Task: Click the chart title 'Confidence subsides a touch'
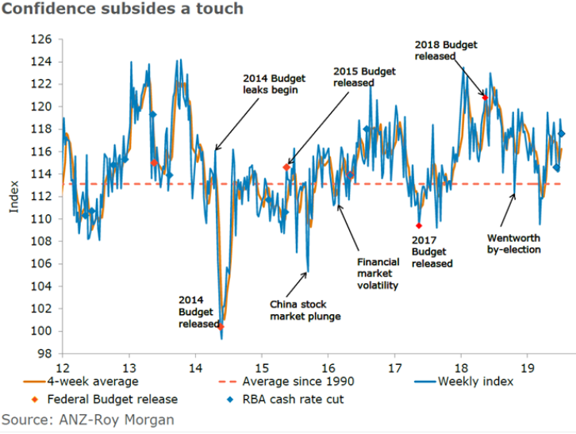(x=122, y=10)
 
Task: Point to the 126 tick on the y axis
(x=42, y=39)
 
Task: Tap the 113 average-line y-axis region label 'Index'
(x=13, y=198)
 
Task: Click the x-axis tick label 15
(x=262, y=367)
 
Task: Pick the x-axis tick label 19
(x=527, y=367)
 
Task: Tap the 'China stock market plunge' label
(x=305, y=310)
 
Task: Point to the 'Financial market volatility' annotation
(x=378, y=273)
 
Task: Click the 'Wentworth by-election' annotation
(x=513, y=244)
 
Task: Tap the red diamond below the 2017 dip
(x=418, y=226)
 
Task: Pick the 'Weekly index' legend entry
(x=475, y=382)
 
